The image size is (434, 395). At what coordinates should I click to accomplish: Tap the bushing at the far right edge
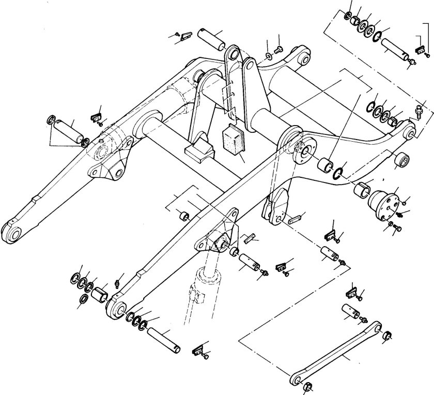[x=401, y=161]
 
